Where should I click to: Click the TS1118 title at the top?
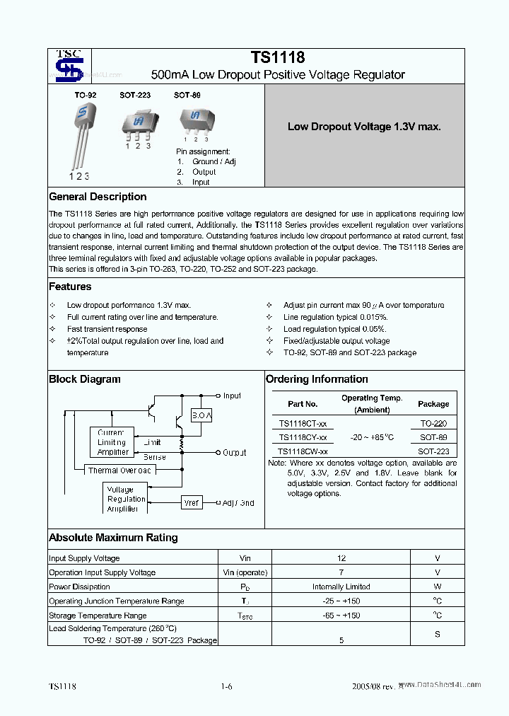click(x=277, y=59)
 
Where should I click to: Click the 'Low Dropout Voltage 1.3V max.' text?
click(x=363, y=127)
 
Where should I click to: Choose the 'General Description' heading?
click(x=98, y=197)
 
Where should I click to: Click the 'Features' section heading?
click(x=70, y=287)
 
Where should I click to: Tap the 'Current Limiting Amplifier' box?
click(x=112, y=442)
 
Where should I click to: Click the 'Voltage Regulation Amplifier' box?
click(x=126, y=499)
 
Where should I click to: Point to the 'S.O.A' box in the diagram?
click(x=201, y=416)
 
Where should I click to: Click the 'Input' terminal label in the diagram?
click(x=232, y=396)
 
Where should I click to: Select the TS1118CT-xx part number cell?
click(x=303, y=424)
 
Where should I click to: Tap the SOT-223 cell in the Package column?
click(x=433, y=451)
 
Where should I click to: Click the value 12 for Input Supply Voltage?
click(x=341, y=558)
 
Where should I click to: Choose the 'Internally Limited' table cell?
click(x=341, y=587)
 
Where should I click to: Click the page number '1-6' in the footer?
click(x=226, y=686)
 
